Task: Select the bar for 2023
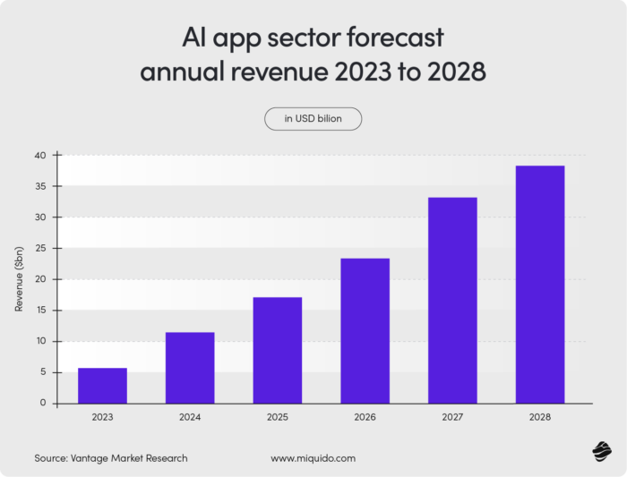point(102,386)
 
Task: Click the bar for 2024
point(190,368)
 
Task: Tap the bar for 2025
point(277,350)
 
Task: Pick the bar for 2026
point(365,331)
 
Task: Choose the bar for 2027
point(452,300)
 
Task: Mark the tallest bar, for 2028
point(539,285)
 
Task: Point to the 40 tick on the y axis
point(39,155)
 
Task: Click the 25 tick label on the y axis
point(39,248)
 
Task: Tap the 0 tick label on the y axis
point(42,404)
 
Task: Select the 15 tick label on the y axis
point(39,311)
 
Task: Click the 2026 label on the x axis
point(365,417)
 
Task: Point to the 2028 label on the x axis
point(539,417)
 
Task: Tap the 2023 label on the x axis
point(102,417)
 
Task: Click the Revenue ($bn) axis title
point(19,279)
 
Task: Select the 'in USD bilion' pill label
point(313,119)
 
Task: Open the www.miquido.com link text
point(313,458)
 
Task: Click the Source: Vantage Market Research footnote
point(111,458)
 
